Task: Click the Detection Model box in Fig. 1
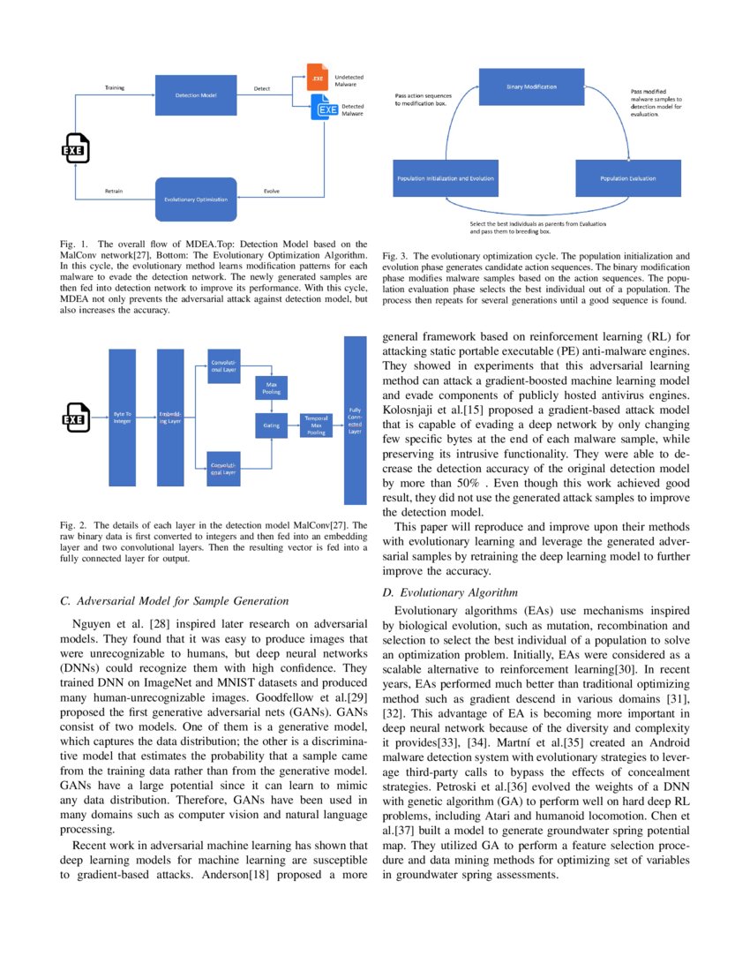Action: pos(197,94)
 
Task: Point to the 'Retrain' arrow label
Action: pos(114,191)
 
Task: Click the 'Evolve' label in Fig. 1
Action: pos(273,191)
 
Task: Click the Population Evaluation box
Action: pos(628,178)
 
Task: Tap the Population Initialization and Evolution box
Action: pos(446,178)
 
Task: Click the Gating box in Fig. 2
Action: pos(271,425)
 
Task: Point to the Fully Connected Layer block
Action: pos(355,419)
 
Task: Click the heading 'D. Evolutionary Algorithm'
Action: pos(449,591)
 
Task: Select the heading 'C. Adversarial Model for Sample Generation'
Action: pos(174,601)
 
